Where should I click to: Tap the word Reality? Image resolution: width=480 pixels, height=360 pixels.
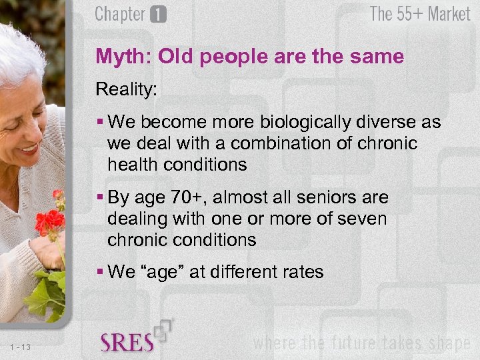[125, 89]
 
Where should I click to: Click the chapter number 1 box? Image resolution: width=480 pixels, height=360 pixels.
[158, 15]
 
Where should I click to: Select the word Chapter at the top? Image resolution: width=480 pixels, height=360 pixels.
[121, 14]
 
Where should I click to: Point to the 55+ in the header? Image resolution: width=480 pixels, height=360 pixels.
[410, 14]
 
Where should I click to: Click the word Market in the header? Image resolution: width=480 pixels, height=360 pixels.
[449, 14]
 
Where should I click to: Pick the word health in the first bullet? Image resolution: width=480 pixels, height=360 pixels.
[132, 164]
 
